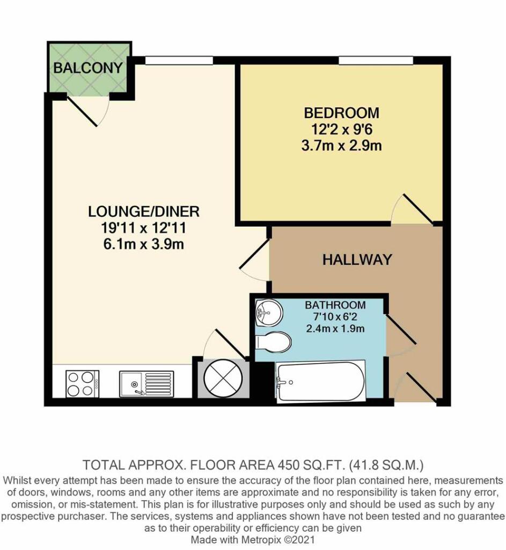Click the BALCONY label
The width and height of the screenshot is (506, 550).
tap(88, 68)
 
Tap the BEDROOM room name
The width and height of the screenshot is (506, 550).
tap(341, 113)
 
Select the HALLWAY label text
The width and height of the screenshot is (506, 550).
tap(357, 260)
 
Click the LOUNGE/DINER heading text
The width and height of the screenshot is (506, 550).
tap(144, 211)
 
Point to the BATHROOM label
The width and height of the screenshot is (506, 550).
tap(335, 305)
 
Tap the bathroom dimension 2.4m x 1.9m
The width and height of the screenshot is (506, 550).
tap(335, 328)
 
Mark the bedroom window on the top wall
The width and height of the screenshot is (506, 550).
tap(376, 60)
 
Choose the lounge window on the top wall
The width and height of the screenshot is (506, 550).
tap(179, 60)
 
